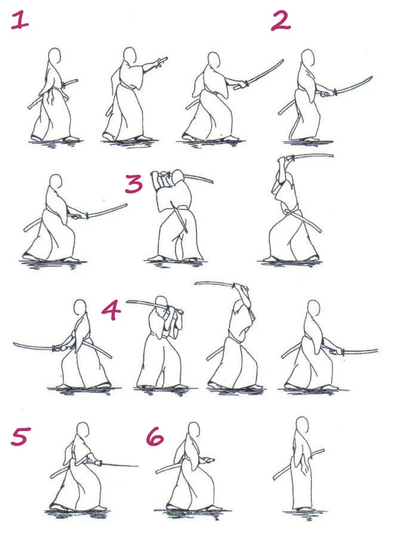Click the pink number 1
[x=20, y=20]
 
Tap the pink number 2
[x=281, y=21]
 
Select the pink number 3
[x=134, y=184]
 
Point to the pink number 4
[x=111, y=310]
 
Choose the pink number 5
[x=21, y=436]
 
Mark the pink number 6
[x=155, y=436]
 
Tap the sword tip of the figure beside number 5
[x=137, y=466]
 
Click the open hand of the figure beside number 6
[x=208, y=460]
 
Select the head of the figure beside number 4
[x=162, y=303]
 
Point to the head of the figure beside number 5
[x=83, y=430]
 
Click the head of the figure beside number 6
[x=194, y=430]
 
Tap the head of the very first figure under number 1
[x=54, y=56]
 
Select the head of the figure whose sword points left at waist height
[x=80, y=307]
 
